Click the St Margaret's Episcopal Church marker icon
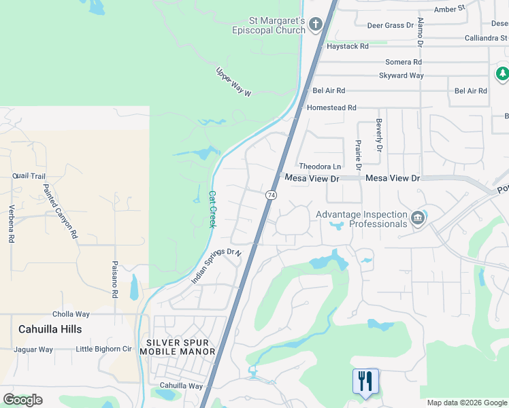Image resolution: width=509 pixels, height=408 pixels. [x=315, y=25]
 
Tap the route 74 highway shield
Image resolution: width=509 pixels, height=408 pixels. [x=271, y=195]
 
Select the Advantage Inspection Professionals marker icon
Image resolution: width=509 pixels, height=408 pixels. [x=418, y=218]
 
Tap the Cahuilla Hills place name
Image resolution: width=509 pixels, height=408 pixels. [x=51, y=329]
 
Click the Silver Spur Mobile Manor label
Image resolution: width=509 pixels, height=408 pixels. [x=177, y=347]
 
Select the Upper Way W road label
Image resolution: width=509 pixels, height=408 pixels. [x=233, y=82]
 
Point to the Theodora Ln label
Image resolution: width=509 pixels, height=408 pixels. [x=320, y=167]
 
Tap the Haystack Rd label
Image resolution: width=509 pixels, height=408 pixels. [x=347, y=46]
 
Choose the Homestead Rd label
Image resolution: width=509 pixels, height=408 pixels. [x=331, y=107]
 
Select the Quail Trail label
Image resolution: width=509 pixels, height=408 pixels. [x=29, y=175]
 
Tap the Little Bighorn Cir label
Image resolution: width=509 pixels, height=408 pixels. [x=103, y=350]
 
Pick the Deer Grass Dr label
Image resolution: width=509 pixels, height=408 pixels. [x=390, y=25]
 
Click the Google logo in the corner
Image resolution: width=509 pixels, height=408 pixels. [x=22, y=399]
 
